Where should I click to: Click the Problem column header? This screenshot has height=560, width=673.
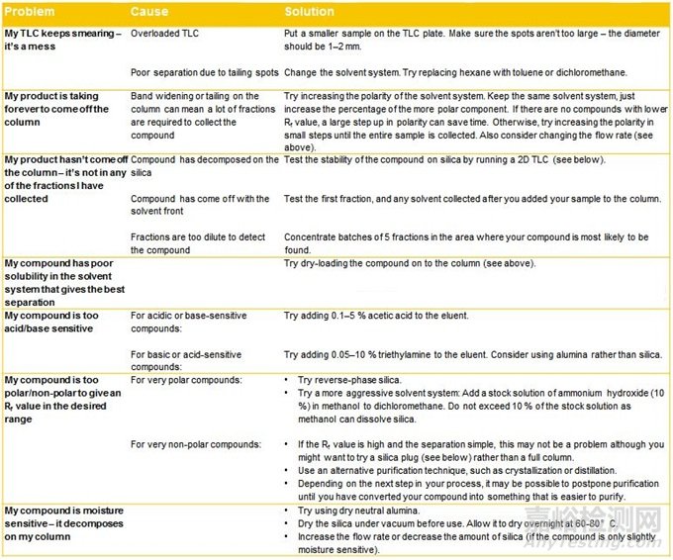point(32,11)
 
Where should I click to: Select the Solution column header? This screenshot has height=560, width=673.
point(309,11)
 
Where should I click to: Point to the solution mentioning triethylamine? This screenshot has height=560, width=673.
point(473,353)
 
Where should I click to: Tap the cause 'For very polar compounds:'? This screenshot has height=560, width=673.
point(187,380)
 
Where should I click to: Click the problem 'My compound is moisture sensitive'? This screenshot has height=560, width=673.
point(61,521)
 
